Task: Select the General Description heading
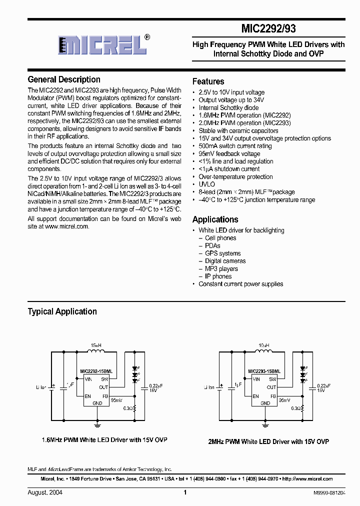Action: (x=64, y=79)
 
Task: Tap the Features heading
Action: (x=208, y=81)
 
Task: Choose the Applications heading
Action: (x=215, y=219)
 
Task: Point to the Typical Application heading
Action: (x=62, y=311)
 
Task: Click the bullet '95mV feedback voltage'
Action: (x=229, y=153)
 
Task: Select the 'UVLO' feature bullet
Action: (x=206, y=184)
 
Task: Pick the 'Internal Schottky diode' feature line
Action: (x=228, y=107)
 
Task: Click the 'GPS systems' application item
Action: (x=222, y=253)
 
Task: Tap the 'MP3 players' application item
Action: (x=221, y=268)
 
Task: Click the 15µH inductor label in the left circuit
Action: (x=95, y=345)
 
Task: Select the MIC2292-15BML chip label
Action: (x=96, y=372)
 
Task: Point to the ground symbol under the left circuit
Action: (x=97, y=425)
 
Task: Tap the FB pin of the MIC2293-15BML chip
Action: (x=272, y=395)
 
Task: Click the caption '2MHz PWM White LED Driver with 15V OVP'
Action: (x=268, y=441)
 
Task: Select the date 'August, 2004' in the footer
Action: (x=45, y=492)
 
